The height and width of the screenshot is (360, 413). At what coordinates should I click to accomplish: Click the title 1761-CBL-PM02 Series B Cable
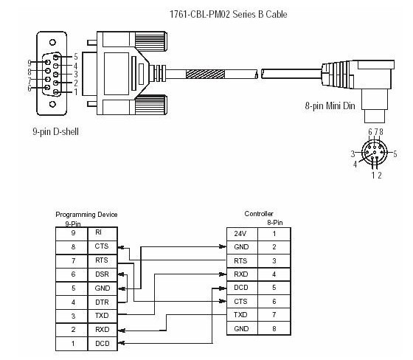coord(228,14)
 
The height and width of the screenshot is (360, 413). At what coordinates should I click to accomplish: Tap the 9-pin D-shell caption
coord(55,131)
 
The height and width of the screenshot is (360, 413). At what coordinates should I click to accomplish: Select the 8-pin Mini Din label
coord(330,105)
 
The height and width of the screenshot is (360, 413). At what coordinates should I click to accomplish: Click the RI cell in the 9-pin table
coord(103,234)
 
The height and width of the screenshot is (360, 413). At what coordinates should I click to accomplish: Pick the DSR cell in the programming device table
coord(103,275)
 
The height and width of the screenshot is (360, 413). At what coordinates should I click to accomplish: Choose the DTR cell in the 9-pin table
coord(103,302)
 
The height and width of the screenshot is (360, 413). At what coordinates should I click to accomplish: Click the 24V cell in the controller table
coord(242,235)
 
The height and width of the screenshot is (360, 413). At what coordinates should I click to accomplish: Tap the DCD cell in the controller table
coord(242,288)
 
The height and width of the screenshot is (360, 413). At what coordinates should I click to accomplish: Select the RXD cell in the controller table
coord(242,274)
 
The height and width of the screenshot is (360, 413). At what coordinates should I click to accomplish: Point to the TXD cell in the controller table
coord(242,315)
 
